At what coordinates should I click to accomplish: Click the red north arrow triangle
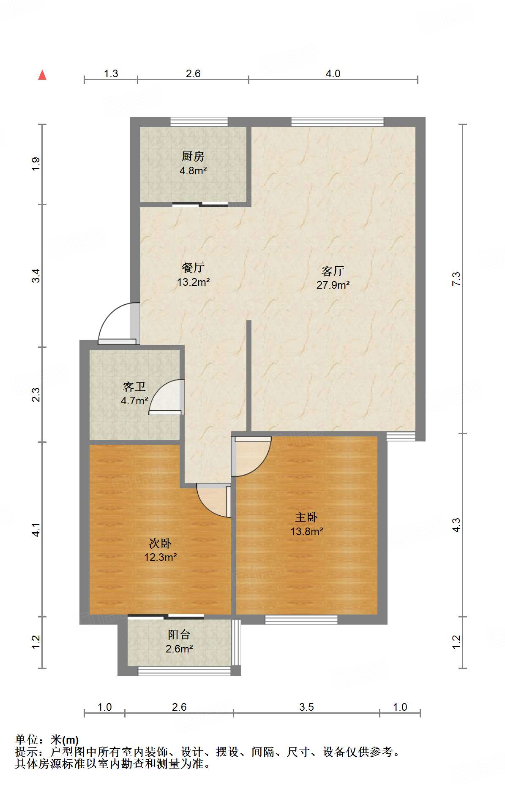(42, 75)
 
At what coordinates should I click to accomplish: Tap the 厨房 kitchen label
(193, 157)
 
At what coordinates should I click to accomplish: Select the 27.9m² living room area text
(333, 285)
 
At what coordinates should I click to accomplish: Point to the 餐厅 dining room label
(193, 268)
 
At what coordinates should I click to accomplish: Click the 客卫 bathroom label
(134, 387)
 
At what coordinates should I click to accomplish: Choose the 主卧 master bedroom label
(306, 517)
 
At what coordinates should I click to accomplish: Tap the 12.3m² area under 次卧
(160, 557)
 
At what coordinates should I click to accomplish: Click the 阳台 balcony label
(179, 634)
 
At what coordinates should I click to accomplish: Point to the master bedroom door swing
(251, 457)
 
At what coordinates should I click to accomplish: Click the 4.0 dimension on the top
(333, 73)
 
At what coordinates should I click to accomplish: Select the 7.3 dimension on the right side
(456, 279)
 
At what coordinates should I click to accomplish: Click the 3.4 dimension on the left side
(36, 276)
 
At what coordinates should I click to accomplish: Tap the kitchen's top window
(199, 122)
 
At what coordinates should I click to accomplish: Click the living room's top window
(337, 122)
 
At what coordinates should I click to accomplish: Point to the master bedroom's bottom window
(301, 620)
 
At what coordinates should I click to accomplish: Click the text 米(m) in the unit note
(65, 740)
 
